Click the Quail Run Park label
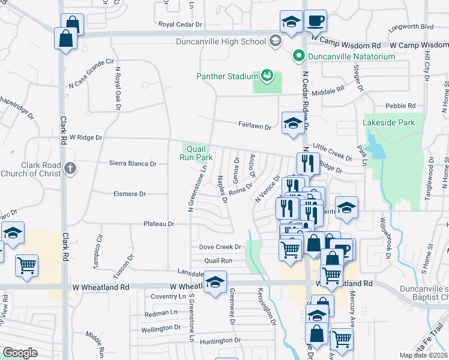196,153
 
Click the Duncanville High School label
220,41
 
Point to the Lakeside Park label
389,122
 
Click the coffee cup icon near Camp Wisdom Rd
315,21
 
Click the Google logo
19,352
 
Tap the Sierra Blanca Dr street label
133,163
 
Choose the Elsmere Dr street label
130,194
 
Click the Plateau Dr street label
158,224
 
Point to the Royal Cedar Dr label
181,25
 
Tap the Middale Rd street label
328,91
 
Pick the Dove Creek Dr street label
220,247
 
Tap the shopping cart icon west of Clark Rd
26,265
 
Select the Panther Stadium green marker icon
267,76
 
